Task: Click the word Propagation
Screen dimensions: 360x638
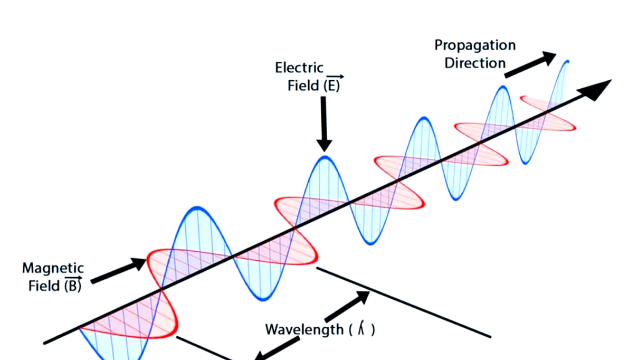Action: pos(474,45)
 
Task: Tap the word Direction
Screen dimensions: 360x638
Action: pos(474,63)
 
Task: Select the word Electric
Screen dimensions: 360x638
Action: pos(299,68)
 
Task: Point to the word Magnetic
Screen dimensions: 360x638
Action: pos(53,268)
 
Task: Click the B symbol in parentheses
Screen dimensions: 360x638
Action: pos(73,287)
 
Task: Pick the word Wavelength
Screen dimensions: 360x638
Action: pos(303,330)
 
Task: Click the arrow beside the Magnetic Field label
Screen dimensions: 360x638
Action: pos(119,271)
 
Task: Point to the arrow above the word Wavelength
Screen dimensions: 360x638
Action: pos(348,307)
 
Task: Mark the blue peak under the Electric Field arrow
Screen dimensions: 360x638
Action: pos(325,157)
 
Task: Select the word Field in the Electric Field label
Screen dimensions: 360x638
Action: pos(303,86)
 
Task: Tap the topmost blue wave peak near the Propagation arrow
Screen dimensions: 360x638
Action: pos(567,62)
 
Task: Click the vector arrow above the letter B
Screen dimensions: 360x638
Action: pos(73,278)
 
